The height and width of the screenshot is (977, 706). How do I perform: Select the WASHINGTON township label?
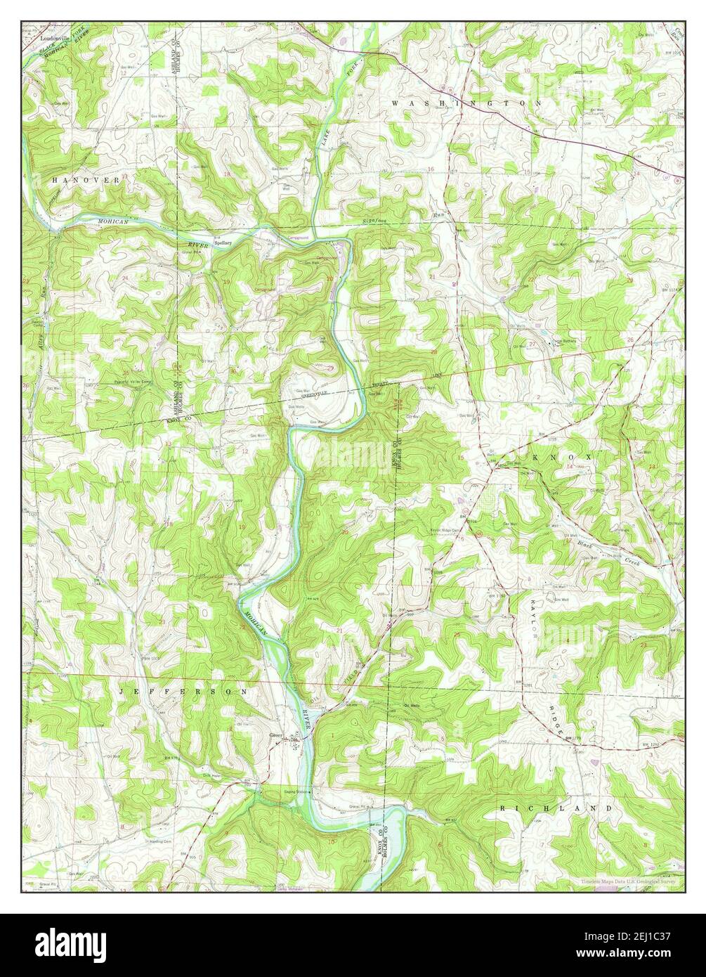pos(466,103)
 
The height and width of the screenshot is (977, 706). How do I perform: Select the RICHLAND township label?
pos(556,809)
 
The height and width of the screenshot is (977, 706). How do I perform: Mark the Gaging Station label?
pos(296,791)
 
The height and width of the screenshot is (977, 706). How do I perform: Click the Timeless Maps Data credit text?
pos(632,881)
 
